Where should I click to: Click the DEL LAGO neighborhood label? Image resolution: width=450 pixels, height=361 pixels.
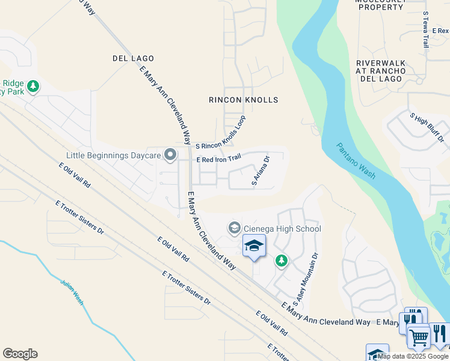[133, 58]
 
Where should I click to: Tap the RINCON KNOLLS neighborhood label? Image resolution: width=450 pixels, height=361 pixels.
[244, 99]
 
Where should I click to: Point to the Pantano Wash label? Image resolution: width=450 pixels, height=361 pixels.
[356, 161]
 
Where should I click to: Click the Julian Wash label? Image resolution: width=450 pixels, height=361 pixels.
[70, 291]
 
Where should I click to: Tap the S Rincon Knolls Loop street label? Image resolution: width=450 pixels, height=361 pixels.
[221, 132]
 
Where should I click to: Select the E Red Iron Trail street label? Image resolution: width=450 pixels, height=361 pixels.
[219, 159]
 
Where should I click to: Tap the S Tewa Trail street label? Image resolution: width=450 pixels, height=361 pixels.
[425, 29]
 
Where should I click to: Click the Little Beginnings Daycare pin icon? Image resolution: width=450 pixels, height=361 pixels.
[170, 155]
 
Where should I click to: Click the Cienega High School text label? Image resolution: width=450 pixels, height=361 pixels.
[282, 229]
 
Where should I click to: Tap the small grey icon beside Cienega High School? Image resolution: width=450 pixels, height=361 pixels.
[233, 229]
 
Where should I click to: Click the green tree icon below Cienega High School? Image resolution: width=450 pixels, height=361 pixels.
[281, 261]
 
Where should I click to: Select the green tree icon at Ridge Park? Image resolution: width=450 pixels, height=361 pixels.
[33, 86]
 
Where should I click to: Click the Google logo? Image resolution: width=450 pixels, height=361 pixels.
[20, 354]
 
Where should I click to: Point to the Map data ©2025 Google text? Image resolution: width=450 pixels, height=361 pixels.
[413, 356]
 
